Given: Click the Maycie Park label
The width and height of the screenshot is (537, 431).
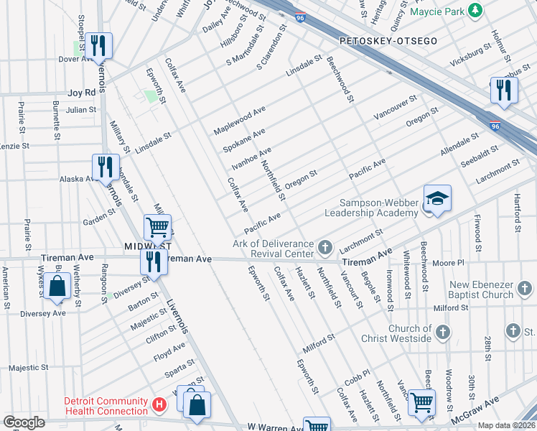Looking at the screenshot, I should coord(436,11).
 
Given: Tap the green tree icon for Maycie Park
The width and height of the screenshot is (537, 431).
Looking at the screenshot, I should coord(474,11).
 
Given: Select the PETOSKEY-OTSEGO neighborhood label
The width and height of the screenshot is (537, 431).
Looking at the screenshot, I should coord(388,41).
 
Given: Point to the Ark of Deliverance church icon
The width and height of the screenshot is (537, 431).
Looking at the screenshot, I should coord(325,249).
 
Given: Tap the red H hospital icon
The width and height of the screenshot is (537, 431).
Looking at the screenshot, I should coord(159,406).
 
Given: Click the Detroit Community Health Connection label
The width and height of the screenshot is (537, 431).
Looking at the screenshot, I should coord(106,406).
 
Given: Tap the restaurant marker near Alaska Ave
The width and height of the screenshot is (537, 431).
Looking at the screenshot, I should coord(106,167).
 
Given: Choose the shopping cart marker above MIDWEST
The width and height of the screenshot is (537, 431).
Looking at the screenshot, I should coord(157,227).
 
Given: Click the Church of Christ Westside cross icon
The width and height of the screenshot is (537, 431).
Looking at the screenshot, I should coord(443,332).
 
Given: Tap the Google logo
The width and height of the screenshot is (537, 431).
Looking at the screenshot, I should coord(24,422).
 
